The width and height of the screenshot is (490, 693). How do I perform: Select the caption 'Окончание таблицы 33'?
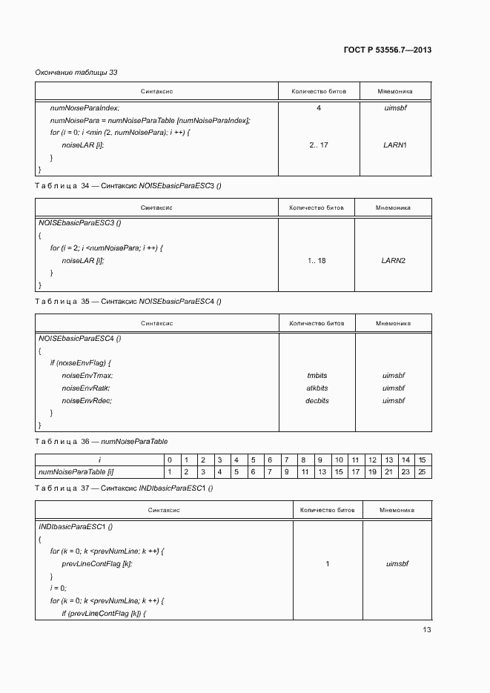click(76, 73)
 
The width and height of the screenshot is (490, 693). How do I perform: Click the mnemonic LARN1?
click(394, 145)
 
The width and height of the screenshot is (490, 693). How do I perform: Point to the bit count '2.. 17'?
click(319, 145)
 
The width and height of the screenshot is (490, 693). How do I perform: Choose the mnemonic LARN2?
click(393, 260)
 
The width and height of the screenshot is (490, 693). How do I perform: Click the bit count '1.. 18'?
click(317, 260)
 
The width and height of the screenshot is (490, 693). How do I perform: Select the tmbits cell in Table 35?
click(317, 376)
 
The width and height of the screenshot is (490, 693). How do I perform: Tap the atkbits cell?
click(317, 388)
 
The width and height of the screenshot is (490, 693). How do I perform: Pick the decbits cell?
click(317, 401)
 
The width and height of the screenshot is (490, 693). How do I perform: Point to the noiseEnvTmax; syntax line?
click(87, 376)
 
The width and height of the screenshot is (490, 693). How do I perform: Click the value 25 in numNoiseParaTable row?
click(421, 471)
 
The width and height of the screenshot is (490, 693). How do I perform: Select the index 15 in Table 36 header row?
click(421, 460)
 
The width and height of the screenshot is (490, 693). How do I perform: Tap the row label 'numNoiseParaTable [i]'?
click(75, 471)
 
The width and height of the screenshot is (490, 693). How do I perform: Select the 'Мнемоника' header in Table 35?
click(393, 324)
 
